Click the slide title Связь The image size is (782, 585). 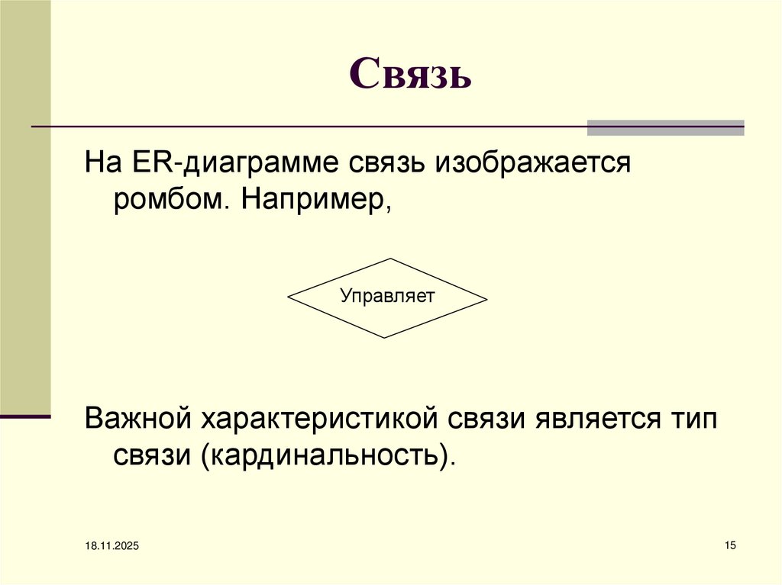(x=411, y=76)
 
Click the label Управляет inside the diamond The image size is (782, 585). (x=386, y=296)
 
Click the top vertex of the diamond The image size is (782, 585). (x=387, y=259)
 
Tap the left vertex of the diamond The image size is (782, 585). (x=288, y=298)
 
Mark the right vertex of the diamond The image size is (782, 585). (x=486, y=298)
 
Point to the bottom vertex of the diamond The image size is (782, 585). (x=387, y=338)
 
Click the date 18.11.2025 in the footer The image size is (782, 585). (x=107, y=546)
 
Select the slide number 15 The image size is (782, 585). (x=729, y=545)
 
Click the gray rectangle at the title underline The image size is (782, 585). (x=665, y=127)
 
